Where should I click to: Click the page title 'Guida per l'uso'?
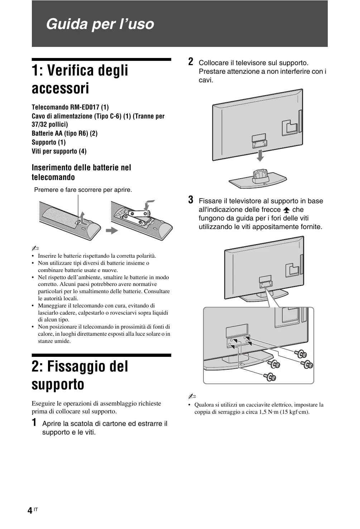click(x=100, y=24)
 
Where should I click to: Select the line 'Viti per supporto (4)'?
click(x=59, y=151)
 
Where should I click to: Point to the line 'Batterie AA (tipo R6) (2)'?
click(x=64, y=133)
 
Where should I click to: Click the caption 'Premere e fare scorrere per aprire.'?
click(x=83, y=190)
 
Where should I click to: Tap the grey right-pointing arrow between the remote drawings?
click(x=112, y=230)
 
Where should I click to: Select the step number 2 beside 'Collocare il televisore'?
click(x=191, y=62)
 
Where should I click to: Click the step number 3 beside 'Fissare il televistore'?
click(x=191, y=200)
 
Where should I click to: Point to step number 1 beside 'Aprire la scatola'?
click(x=34, y=422)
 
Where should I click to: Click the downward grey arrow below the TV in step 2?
click(x=261, y=155)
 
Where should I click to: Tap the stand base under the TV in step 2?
click(x=258, y=181)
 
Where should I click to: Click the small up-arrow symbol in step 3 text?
click(x=286, y=210)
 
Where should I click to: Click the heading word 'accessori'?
click(x=60, y=88)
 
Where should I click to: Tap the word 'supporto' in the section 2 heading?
click(x=58, y=384)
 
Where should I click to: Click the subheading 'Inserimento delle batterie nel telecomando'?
click(x=81, y=172)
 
